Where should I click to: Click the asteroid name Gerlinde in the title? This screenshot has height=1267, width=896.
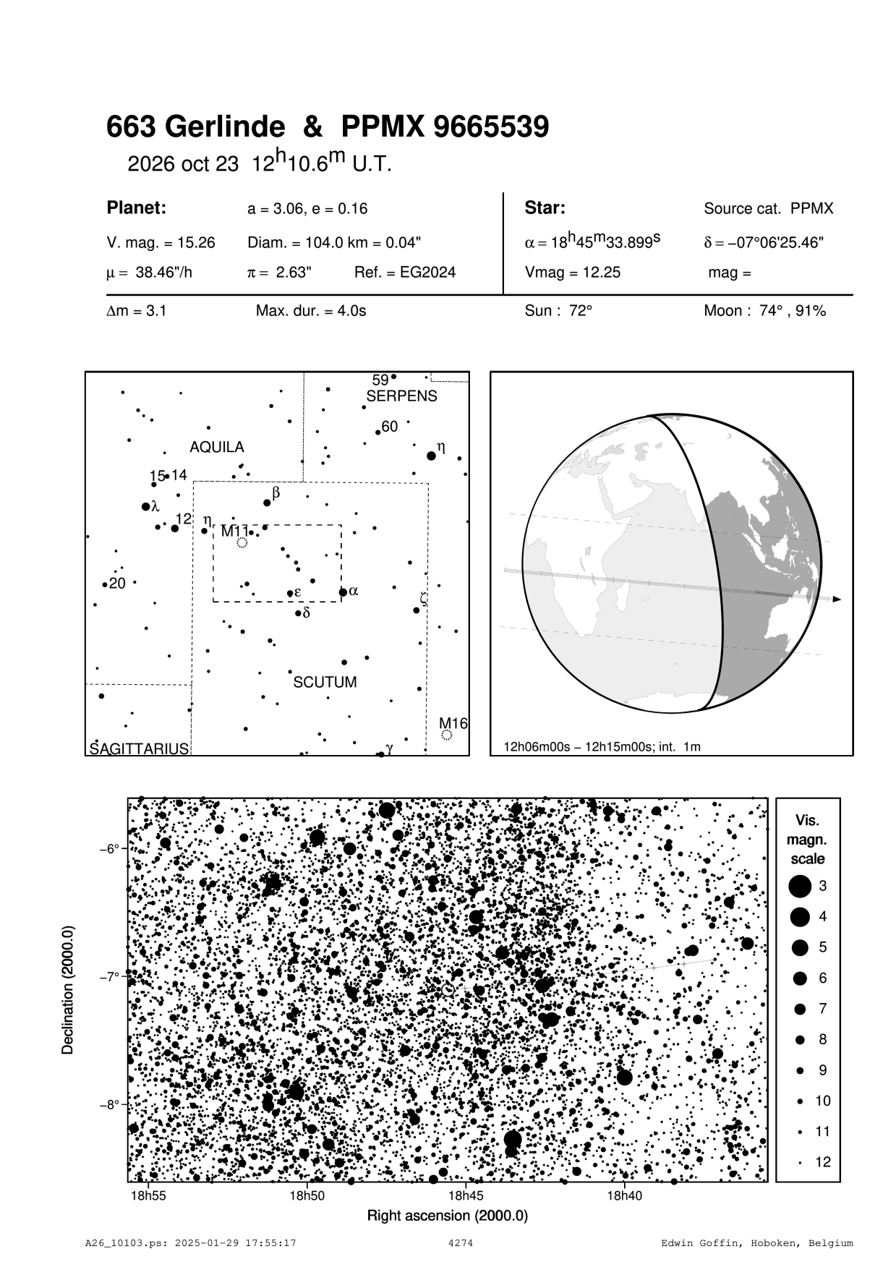(225, 127)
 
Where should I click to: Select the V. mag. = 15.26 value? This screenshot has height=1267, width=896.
(161, 243)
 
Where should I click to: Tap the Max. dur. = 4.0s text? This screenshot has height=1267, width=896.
(311, 311)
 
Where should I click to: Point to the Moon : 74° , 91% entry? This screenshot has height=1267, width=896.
(764, 311)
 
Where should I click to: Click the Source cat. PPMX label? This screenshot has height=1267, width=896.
(768, 209)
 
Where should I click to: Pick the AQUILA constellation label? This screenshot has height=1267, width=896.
(217, 448)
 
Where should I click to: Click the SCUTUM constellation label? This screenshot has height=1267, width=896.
(325, 682)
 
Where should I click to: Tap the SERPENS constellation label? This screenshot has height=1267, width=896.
(401, 396)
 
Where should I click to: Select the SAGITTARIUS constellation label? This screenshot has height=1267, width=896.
(139, 748)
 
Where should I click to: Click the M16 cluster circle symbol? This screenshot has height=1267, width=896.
(447, 735)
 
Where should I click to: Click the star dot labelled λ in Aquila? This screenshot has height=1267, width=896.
(146, 506)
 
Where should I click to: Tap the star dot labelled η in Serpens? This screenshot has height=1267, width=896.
(432, 456)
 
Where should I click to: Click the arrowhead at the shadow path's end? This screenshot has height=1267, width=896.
(837, 600)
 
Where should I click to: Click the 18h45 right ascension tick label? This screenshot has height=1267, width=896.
(466, 1195)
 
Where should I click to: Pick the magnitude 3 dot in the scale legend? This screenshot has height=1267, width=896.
(800, 886)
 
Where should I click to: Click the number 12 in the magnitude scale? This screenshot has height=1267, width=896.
(823, 1162)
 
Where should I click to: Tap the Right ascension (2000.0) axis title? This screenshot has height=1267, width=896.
(448, 1216)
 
